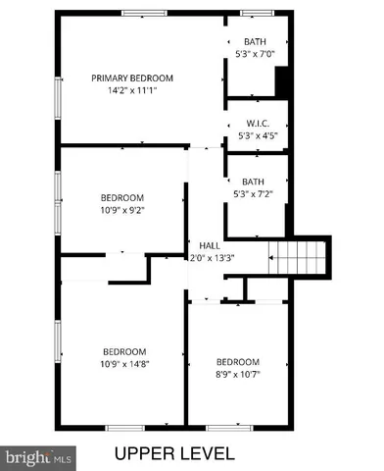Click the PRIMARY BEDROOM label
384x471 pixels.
132,78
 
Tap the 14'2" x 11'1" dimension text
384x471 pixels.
132,90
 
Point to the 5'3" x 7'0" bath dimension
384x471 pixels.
255,54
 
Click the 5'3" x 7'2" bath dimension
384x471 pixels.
254,194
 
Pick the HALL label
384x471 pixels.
210,245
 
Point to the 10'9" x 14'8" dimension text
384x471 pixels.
124,364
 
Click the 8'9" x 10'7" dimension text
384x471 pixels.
238,373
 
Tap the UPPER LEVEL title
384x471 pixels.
174,453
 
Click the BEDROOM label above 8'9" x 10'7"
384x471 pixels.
238,361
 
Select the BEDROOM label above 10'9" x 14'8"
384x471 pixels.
124,351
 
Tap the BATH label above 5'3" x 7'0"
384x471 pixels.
255,41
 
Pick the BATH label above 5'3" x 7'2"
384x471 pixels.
254,182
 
